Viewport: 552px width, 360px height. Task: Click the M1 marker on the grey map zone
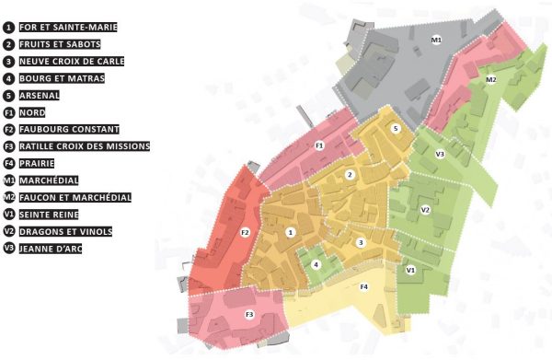tap(437, 40)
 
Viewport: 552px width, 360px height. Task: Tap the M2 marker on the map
tap(491, 80)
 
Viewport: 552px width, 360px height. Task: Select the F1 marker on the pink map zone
tap(319, 145)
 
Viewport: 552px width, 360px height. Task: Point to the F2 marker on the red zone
tap(245, 232)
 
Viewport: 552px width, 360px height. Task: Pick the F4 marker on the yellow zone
tap(364, 287)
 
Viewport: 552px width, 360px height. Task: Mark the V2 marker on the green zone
tap(425, 211)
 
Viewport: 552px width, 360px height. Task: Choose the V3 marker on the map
tap(440, 154)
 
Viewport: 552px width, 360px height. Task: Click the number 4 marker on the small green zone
tap(316, 264)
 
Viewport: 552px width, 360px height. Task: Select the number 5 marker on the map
tap(395, 130)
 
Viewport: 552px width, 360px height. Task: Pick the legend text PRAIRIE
tap(44, 163)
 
